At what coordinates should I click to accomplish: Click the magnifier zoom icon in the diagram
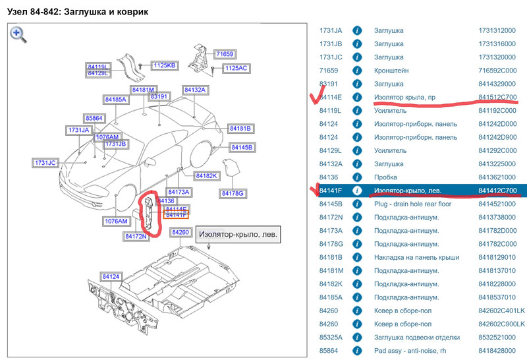18,34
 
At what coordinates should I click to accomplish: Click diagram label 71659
225,53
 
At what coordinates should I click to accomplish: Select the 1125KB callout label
165,65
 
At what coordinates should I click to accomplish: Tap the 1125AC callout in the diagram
236,68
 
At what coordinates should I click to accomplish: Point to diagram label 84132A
195,90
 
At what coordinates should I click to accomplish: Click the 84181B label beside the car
240,128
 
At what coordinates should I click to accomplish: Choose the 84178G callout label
233,193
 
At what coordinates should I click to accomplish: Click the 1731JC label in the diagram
46,162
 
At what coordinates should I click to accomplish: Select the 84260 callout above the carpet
180,232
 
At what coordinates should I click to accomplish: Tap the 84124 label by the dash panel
111,276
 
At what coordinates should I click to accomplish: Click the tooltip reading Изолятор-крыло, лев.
238,233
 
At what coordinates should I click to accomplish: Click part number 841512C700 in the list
497,98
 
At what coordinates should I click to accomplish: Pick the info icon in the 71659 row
357,71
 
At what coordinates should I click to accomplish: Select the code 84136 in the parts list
329,177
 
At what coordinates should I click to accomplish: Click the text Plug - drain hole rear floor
412,204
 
